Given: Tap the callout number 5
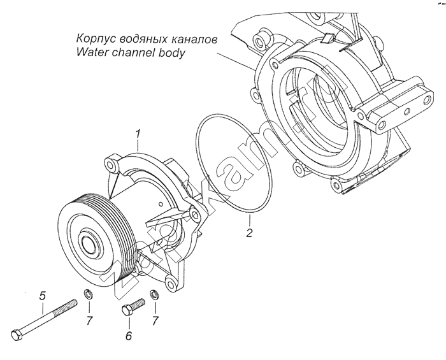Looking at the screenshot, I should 42,296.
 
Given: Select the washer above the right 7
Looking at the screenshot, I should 154,294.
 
